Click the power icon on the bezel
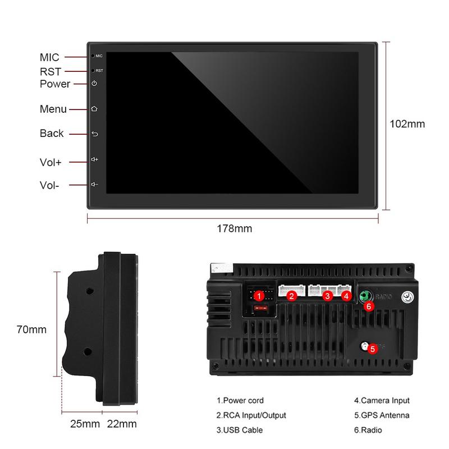94,84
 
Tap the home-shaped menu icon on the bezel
94,108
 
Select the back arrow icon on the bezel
94,134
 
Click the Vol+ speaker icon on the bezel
94,159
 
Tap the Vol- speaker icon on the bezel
94,184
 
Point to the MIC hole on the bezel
92,57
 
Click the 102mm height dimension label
407,124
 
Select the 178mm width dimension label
234,228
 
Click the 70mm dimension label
31,329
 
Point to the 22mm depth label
121,423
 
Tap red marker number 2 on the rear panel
291,295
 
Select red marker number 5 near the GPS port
373,349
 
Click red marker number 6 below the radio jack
368,306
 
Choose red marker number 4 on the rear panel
346,295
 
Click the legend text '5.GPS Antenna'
381,416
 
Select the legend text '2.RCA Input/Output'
251,416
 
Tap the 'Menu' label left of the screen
53,109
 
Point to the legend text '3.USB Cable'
239,430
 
